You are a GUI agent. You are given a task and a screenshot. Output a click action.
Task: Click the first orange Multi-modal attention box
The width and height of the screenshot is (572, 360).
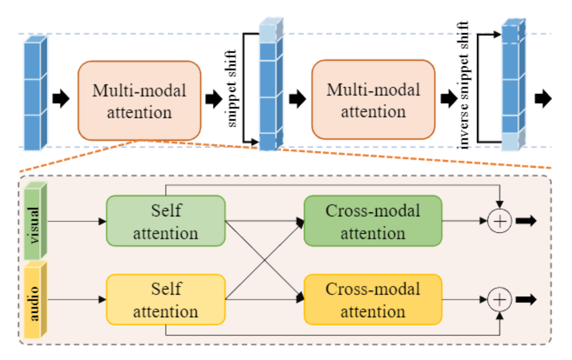point(139,101)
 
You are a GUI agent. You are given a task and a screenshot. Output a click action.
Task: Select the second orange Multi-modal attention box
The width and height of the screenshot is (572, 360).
point(373,99)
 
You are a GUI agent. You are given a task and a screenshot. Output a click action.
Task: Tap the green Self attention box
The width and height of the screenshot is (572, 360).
point(166,221)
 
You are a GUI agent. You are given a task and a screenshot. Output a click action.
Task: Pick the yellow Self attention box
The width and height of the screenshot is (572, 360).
point(166,300)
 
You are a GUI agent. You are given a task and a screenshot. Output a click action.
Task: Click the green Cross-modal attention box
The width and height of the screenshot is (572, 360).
point(373,221)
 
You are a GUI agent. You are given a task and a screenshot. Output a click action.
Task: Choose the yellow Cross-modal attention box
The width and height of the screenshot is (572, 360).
point(373,300)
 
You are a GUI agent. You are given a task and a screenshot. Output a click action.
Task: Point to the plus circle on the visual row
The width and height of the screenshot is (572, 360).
point(499,221)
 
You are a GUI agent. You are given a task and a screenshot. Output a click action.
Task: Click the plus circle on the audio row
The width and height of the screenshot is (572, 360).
point(499,300)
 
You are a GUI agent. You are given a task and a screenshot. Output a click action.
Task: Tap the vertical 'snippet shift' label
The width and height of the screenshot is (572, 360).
point(231,89)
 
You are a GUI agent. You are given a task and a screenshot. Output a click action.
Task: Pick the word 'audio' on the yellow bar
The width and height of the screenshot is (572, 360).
point(34,303)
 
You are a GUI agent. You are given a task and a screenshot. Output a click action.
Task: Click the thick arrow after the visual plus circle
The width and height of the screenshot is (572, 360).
point(526,221)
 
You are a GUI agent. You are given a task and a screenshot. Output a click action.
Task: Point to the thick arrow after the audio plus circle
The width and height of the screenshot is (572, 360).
point(526,300)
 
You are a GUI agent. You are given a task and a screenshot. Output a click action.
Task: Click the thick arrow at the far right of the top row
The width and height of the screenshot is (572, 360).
point(543,98)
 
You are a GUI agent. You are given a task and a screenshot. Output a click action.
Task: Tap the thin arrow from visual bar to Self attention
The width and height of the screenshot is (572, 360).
point(77,221)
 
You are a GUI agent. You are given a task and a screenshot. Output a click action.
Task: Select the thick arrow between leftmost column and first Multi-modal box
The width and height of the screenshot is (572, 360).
point(61,98)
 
